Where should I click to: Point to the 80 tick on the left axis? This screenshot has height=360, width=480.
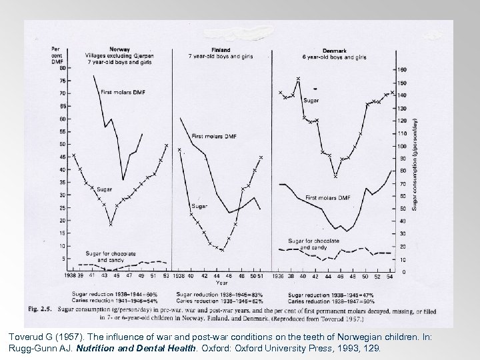62,68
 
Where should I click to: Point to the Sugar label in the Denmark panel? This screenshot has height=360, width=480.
311,101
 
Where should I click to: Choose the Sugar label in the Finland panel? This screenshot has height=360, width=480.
199,206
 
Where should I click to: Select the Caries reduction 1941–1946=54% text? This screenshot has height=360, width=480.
114,300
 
